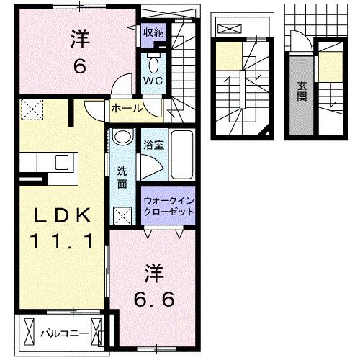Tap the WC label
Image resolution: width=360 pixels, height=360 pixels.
(153, 80)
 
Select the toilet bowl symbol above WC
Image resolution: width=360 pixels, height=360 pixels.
(153, 60)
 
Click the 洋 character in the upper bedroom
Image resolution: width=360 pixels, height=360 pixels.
(79, 38)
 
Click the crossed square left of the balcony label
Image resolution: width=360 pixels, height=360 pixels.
(28, 333)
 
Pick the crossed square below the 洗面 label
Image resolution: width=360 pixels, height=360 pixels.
(122, 215)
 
